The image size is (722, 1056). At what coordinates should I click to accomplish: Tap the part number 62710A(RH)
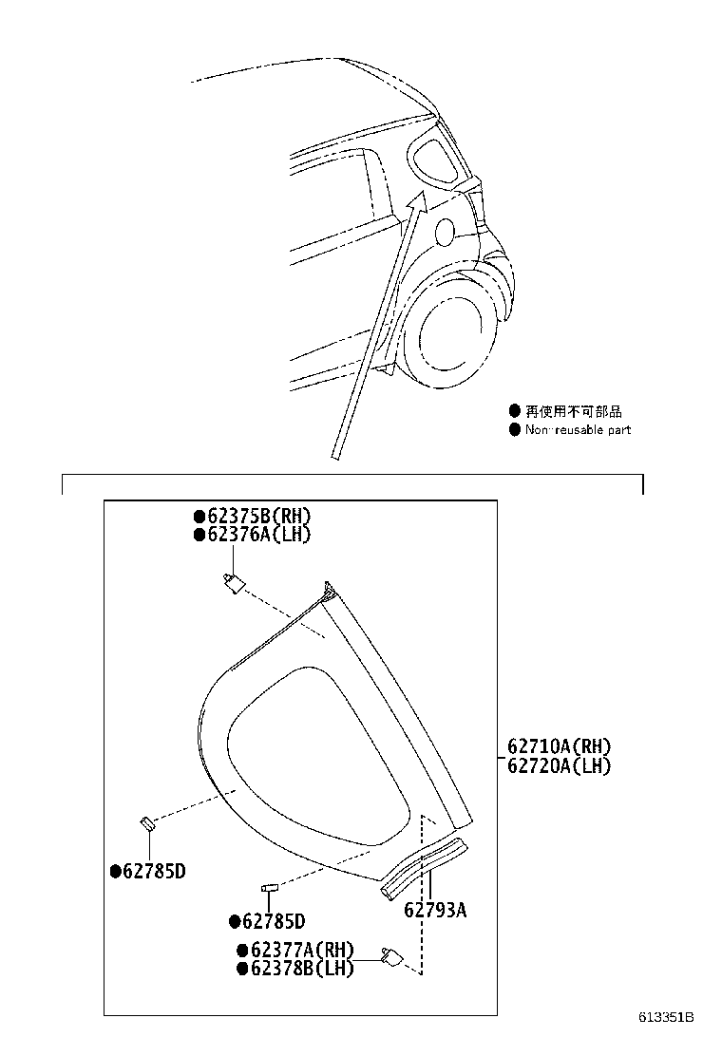[x=559, y=746]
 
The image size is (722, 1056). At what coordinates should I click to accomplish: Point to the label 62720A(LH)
[x=559, y=765]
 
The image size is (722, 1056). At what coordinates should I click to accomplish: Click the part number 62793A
[x=435, y=910]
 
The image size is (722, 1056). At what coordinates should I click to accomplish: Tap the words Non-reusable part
[x=578, y=430]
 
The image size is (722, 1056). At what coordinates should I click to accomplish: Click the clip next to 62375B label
[x=231, y=581]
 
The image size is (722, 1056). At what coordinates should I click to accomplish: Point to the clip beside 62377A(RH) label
[x=390, y=956]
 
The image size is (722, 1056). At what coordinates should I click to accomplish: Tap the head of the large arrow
[x=415, y=200]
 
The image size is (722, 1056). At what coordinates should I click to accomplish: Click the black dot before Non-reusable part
[x=515, y=430]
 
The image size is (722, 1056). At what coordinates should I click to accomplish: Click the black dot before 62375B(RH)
[x=199, y=517]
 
